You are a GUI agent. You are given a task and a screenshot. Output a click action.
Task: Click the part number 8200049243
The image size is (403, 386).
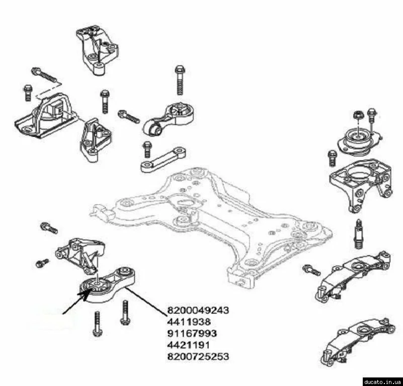(198, 310)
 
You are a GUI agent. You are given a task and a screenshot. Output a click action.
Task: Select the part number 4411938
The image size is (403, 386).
(189, 322)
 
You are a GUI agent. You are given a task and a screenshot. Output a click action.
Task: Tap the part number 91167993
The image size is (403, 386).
(192, 333)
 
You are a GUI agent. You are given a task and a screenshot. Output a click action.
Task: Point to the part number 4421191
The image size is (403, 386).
(188, 345)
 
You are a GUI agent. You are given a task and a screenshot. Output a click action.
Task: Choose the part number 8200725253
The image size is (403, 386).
(198, 356)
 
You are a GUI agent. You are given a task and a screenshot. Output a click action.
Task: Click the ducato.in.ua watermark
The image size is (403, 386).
(383, 381)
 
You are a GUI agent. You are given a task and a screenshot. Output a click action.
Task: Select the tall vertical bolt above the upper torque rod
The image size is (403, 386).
(180, 80)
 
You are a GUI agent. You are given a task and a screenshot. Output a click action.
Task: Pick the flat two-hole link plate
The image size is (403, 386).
(164, 159)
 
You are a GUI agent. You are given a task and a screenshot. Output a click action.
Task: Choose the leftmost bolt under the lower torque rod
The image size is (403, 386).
(98, 324)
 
